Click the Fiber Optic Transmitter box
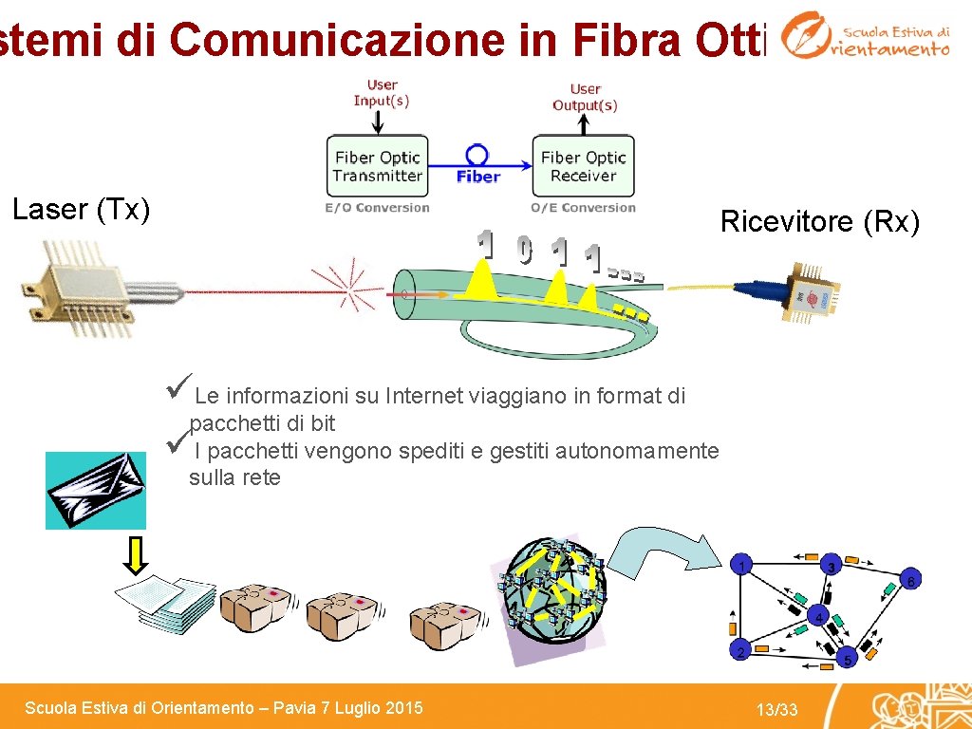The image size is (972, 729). coord(377,166)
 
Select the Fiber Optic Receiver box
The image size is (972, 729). coord(584,166)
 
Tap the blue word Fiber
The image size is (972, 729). coord(478,177)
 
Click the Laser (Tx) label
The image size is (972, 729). coord(82,210)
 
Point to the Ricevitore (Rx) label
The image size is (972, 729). coord(820,222)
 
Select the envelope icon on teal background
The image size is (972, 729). coord(96,490)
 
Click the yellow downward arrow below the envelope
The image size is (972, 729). coord(137,555)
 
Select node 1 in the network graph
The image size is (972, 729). coord(742,566)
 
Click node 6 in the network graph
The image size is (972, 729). coord(910,580)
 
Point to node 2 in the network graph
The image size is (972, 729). coord(741,650)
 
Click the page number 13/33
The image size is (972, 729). coord(776,710)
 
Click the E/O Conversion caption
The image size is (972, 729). coord(377,208)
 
